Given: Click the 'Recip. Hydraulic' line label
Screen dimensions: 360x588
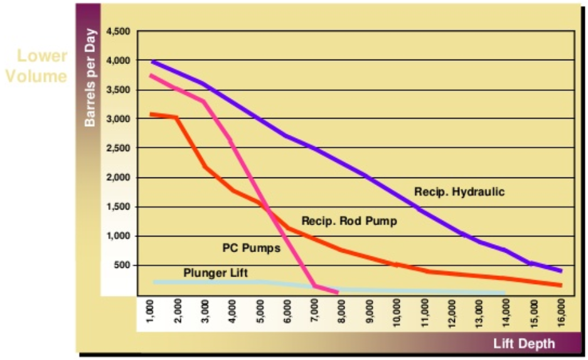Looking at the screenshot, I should tap(459, 192).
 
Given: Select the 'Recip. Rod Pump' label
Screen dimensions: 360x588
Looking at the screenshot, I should tap(350, 221).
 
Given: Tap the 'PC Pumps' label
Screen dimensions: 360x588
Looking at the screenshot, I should tap(252, 248).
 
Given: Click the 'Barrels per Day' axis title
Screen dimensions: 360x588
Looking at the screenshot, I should tap(91, 77).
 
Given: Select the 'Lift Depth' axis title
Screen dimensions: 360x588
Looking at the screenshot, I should tap(524, 343).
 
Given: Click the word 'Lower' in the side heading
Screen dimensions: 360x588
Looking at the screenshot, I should tap(42, 56).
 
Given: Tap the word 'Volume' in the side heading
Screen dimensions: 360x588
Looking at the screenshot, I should tap(36, 77).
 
